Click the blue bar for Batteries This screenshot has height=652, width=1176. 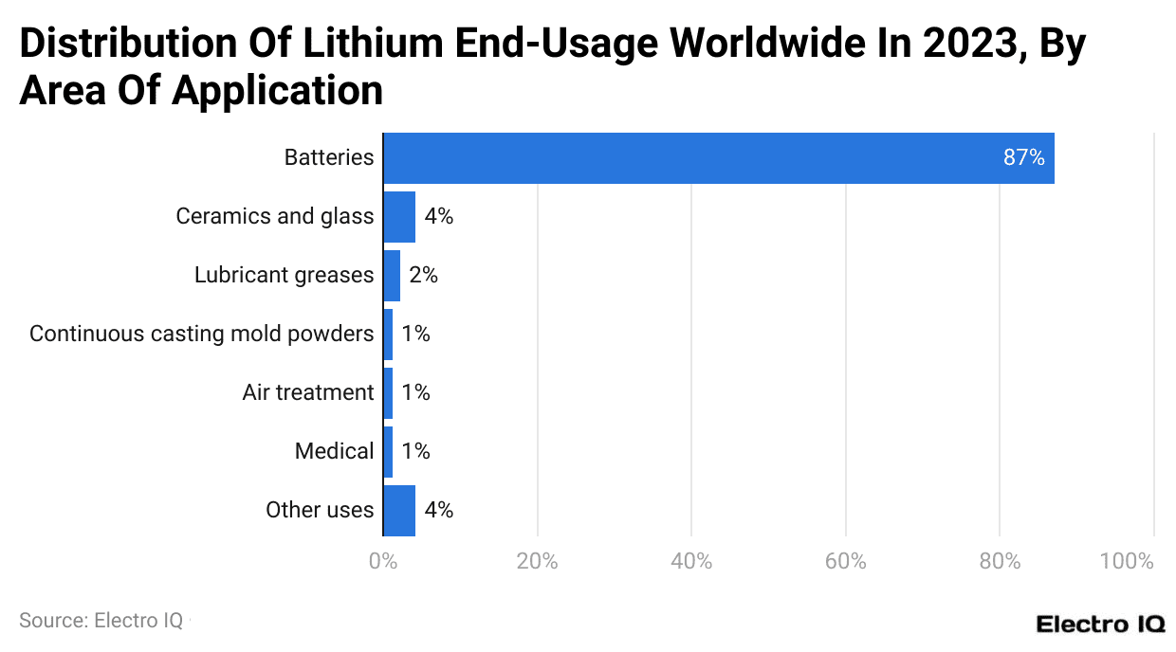(x=718, y=158)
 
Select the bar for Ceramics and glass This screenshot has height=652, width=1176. (x=399, y=217)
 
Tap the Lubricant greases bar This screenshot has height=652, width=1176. (x=392, y=276)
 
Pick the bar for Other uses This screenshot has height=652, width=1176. (x=399, y=511)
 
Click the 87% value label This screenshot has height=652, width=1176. (x=1023, y=158)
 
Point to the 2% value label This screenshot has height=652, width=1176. (x=423, y=276)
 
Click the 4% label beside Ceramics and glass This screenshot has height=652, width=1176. (x=438, y=217)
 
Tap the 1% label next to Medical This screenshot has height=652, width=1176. (x=415, y=452)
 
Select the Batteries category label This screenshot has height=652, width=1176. (x=329, y=158)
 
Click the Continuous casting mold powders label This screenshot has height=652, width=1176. (x=201, y=335)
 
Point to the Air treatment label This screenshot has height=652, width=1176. (x=308, y=393)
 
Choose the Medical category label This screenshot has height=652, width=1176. (x=334, y=452)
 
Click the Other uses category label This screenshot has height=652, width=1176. (x=320, y=511)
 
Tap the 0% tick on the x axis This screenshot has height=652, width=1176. (x=383, y=561)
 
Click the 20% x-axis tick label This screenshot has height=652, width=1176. (x=537, y=561)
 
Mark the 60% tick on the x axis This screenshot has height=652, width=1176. (x=845, y=561)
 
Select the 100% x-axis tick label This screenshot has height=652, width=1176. (x=1127, y=561)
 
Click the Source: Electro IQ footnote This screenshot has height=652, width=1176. (x=101, y=621)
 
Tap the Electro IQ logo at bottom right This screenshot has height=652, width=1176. (x=1100, y=624)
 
